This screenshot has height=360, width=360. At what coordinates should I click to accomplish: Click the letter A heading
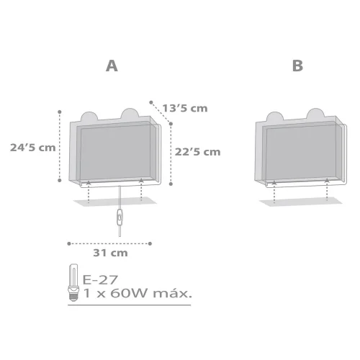click(x=112, y=66)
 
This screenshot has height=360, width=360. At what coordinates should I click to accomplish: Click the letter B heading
click(x=297, y=66)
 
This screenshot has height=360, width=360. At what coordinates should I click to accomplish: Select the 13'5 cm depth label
click(x=184, y=108)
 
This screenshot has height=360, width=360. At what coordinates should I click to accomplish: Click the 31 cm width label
click(x=110, y=253)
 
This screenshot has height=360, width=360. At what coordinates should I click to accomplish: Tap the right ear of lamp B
click(x=315, y=115)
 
